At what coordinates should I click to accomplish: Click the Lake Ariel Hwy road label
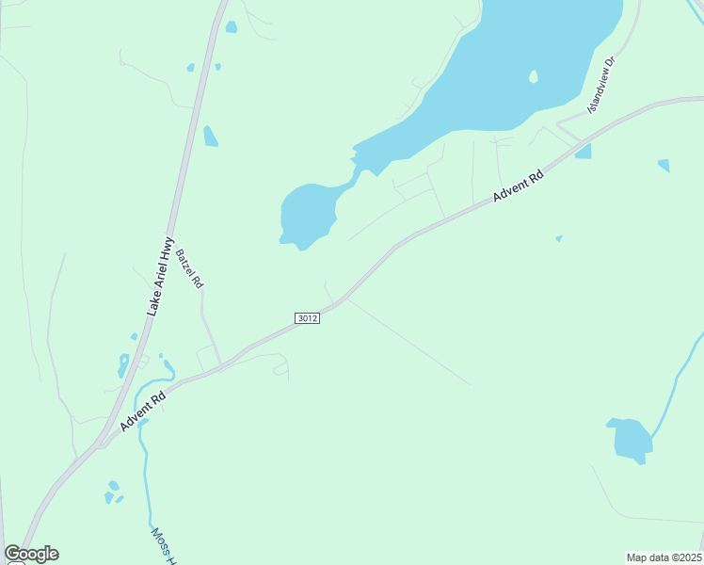click(161, 275)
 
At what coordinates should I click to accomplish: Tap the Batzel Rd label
click(189, 268)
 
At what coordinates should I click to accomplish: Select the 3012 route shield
click(307, 318)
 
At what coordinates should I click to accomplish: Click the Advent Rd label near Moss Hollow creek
click(143, 412)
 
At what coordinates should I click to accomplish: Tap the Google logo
click(31, 554)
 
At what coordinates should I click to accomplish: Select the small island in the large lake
click(534, 76)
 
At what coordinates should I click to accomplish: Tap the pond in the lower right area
click(630, 439)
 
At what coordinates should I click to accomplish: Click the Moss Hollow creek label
click(164, 544)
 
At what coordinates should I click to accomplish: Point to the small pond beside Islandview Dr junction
click(584, 152)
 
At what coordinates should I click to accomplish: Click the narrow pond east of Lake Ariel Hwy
click(210, 137)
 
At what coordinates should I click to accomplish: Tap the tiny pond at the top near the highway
click(231, 27)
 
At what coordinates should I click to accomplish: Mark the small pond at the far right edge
click(664, 166)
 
